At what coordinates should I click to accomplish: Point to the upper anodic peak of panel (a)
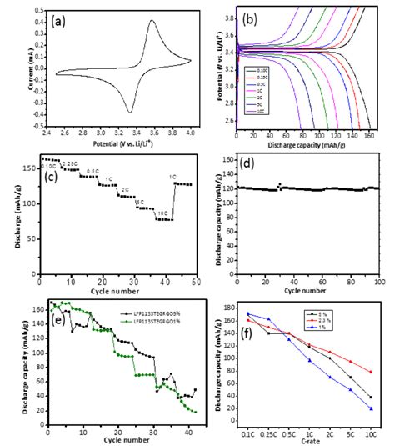[152, 21]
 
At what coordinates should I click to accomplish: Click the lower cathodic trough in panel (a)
[130, 112]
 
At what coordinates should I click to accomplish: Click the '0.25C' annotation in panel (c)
[72, 163]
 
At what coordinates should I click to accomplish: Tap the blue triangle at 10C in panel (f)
[369, 408]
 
